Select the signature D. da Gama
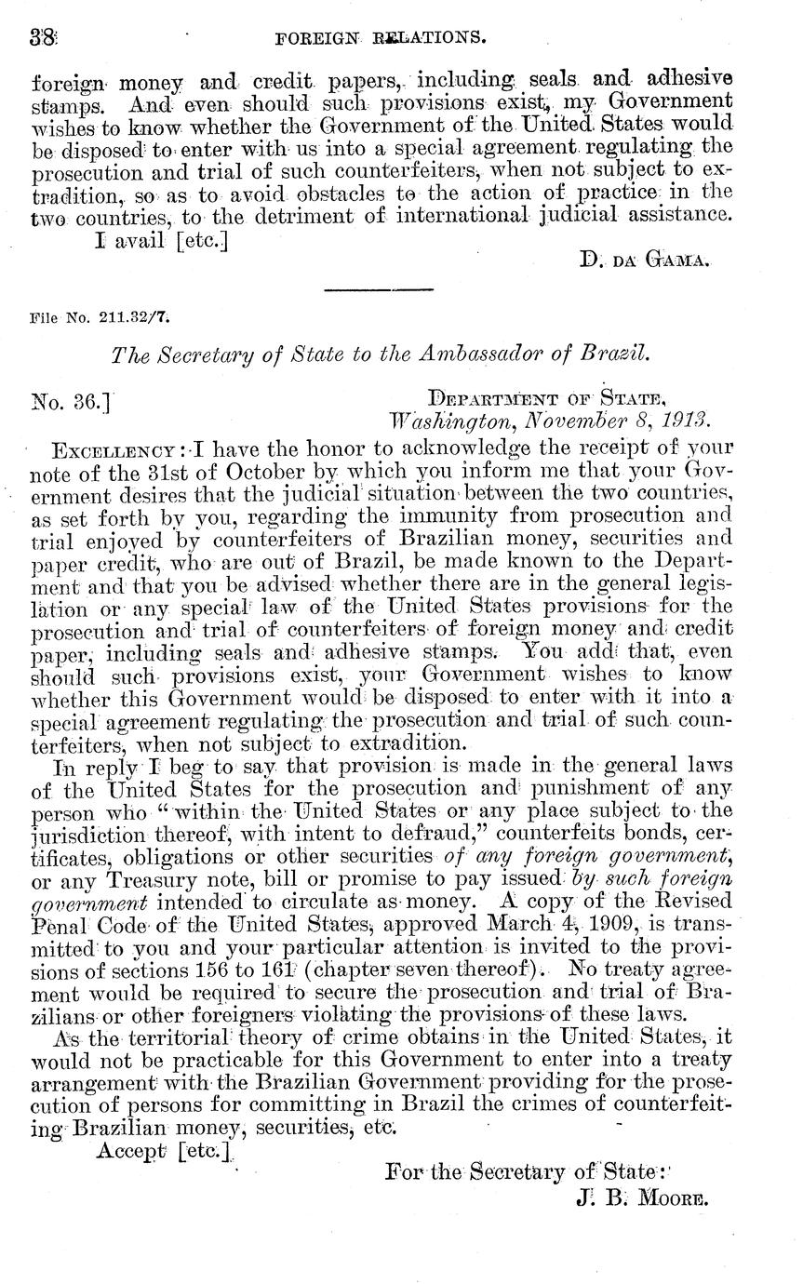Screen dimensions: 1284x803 644,262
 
